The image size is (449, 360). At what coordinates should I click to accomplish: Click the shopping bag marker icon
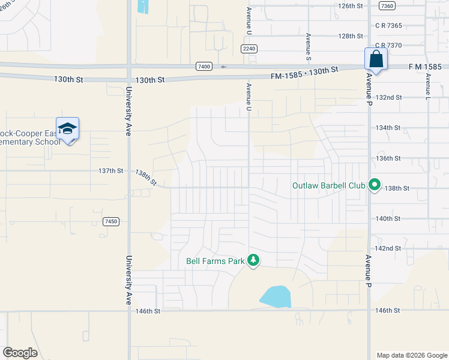tap(376, 59)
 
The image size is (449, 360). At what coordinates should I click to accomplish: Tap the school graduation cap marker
tap(68, 129)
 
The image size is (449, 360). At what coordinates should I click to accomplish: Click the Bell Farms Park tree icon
tap(253, 260)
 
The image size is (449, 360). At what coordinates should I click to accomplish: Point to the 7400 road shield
tap(203, 67)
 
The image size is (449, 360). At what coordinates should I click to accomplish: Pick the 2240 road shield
tap(249, 49)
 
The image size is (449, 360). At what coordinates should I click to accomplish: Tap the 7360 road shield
tap(387, 6)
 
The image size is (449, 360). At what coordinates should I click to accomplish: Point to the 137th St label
tap(110, 171)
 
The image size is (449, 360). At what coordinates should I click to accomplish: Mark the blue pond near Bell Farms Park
tap(276, 296)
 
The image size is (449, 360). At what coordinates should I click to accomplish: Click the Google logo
tap(20, 353)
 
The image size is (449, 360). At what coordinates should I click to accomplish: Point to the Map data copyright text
tap(411, 355)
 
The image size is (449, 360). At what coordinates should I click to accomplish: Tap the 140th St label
tap(388, 219)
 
